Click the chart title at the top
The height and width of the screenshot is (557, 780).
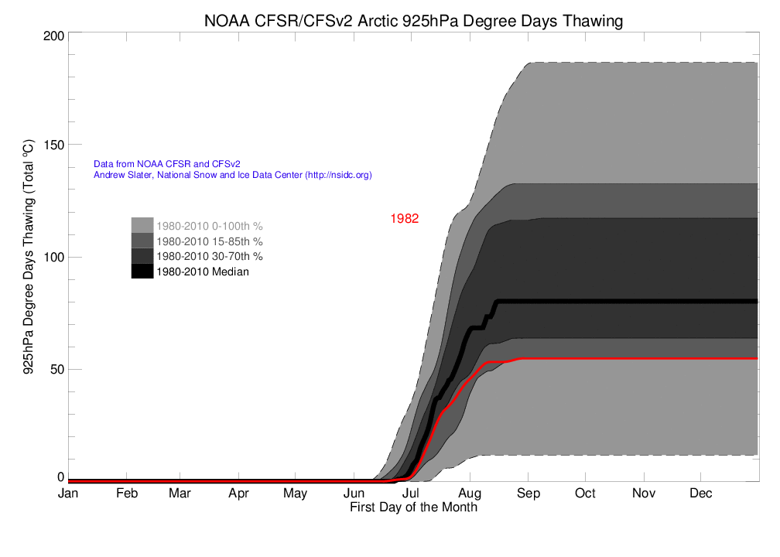click(413, 21)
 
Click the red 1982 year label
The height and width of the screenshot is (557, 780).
click(404, 219)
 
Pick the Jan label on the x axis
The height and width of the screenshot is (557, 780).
click(68, 494)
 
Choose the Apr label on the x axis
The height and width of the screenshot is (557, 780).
click(238, 494)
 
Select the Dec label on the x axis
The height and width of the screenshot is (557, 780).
click(701, 494)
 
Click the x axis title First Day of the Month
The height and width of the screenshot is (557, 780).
click(413, 507)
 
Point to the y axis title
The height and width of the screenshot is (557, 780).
click(28, 258)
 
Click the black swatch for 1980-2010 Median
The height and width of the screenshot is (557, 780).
click(142, 272)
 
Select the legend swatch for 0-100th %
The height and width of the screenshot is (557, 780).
click(142, 225)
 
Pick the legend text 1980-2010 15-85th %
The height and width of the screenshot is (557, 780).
click(210, 241)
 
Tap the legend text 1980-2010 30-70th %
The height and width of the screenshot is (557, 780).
click(210, 256)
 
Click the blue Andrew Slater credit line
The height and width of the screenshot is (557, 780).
click(232, 176)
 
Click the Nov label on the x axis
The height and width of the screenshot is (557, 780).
click(643, 494)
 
